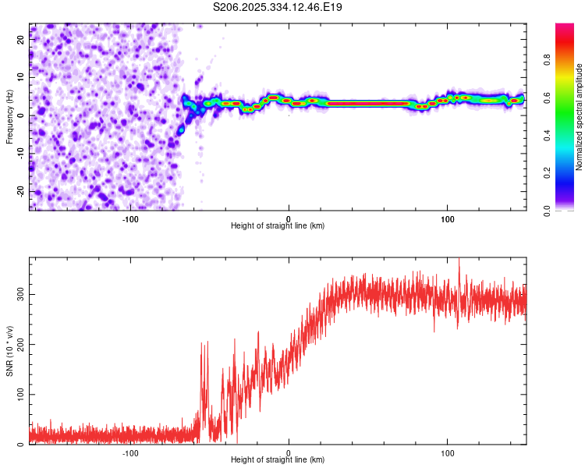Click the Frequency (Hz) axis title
(x=9, y=117)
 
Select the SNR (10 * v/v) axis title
(x=9, y=351)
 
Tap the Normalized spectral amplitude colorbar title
(x=580, y=117)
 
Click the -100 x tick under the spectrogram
(x=130, y=219)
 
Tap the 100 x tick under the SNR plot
(x=448, y=452)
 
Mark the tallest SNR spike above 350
(x=459, y=261)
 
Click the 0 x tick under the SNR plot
(x=289, y=452)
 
